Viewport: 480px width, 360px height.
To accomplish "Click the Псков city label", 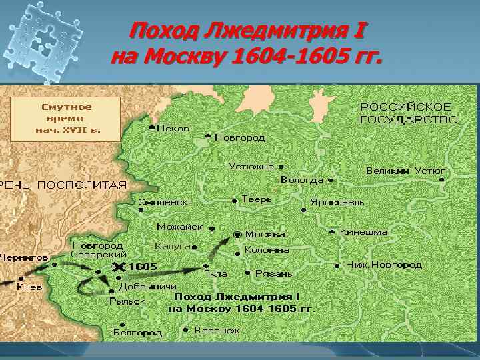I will (x=173, y=127).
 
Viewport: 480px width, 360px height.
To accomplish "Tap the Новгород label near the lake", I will (x=239, y=137).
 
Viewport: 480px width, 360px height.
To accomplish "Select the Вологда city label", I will (x=302, y=179).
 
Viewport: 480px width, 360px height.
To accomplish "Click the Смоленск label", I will (x=163, y=201).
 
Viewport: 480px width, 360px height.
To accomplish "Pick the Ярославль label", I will (x=337, y=201).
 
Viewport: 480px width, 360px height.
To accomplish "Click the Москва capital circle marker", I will (x=238, y=234).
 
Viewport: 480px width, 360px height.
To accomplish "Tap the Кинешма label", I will (x=363, y=233).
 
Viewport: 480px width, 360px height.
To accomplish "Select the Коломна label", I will (x=267, y=250).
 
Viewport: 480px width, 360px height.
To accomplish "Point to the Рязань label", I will (x=273, y=273).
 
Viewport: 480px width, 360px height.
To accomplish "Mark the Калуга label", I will (x=173, y=245).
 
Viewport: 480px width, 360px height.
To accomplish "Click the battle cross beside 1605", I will (x=119, y=267).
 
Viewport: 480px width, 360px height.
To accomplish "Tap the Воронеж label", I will (x=217, y=329).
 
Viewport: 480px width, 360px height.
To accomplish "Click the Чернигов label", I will (x=25, y=256).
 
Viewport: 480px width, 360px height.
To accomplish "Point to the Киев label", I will (x=30, y=287).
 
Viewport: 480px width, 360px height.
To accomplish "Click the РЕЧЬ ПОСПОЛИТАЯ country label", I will (x=63, y=185).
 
